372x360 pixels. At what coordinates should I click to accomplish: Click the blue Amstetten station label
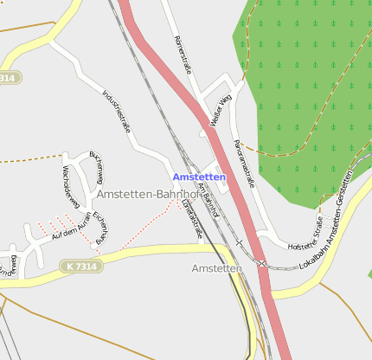click(199, 177)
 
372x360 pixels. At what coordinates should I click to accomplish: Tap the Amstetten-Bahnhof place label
click(148, 195)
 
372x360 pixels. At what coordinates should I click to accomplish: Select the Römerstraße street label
click(182, 55)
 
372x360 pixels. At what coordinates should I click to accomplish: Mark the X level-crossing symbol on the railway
click(261, 263)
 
